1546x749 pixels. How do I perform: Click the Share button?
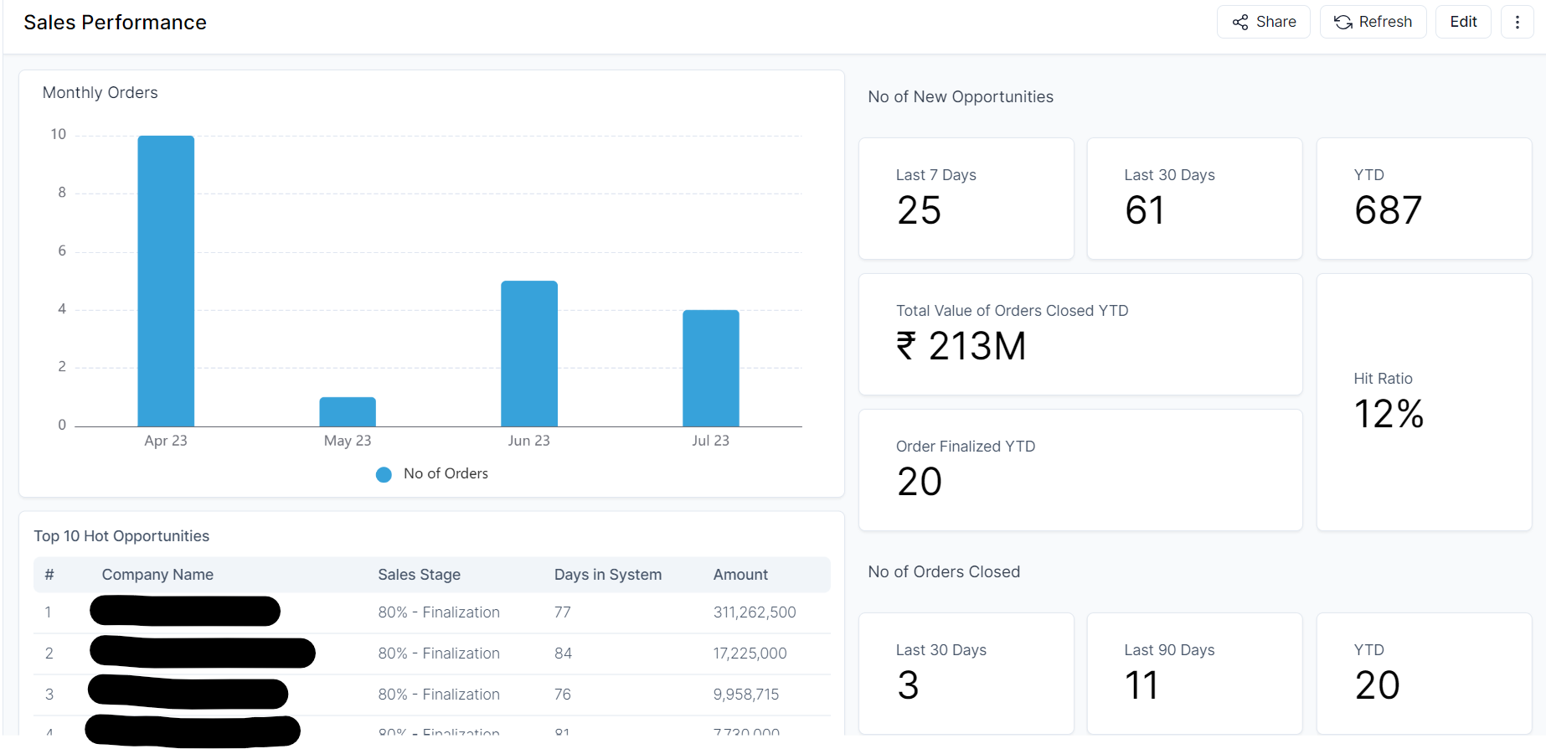1263,22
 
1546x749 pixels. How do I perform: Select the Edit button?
1463,22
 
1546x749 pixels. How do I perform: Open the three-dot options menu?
1517,22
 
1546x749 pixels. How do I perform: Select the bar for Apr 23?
166,282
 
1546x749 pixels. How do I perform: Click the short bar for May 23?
348,412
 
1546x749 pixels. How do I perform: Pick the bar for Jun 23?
529,354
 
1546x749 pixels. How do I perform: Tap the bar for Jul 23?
710,369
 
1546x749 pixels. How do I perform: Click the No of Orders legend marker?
384,474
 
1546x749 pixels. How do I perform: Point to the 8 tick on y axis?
62,193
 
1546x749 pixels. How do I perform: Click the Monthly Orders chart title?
100,93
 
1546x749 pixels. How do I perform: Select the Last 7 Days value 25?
919,210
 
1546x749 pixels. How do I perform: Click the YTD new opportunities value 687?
1388,210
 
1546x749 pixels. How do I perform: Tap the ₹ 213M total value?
961,346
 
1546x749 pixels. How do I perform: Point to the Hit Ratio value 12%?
1389,414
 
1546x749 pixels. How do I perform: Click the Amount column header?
740,575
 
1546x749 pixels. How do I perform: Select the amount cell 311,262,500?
755,612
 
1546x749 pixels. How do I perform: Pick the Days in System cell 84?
563,653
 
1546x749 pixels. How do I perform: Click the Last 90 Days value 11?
1141,685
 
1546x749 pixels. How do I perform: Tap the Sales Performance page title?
115,23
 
